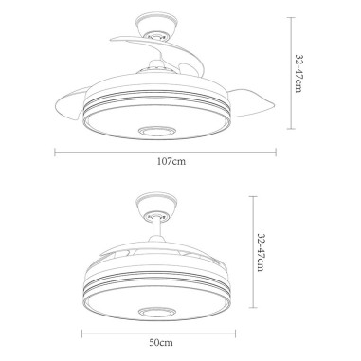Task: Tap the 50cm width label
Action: coord(161,340)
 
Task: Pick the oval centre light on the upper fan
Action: coord(157,131)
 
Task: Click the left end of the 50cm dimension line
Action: coord(81,331)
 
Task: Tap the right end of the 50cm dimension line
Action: coord(234,331)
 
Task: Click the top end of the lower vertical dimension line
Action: coord(253,196)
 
